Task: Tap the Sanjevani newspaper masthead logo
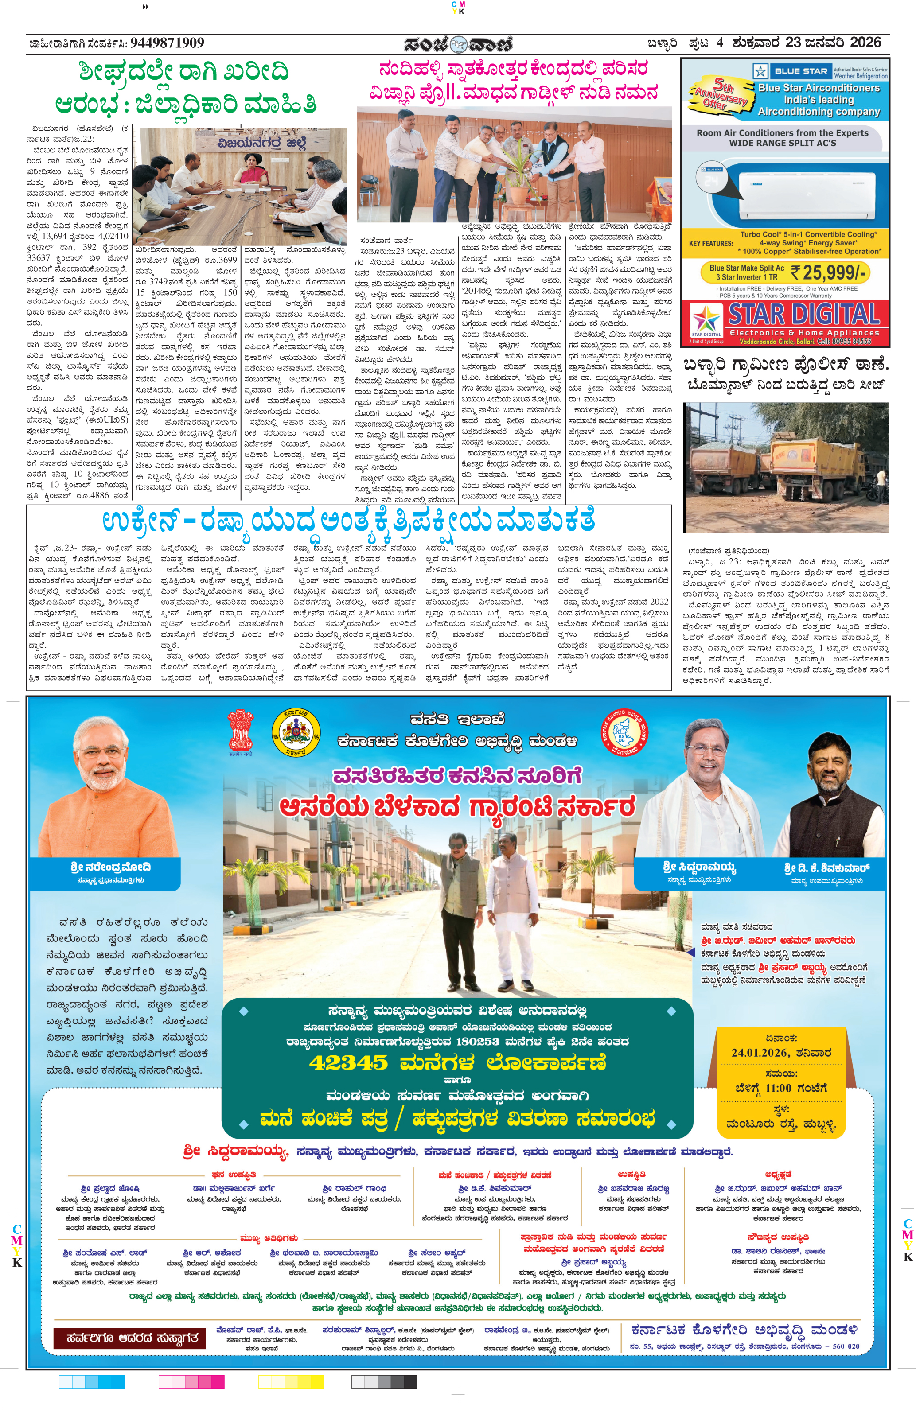coord(458,44)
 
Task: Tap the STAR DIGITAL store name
coord(803,315)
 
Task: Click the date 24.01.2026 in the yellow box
coord(760,1053)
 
